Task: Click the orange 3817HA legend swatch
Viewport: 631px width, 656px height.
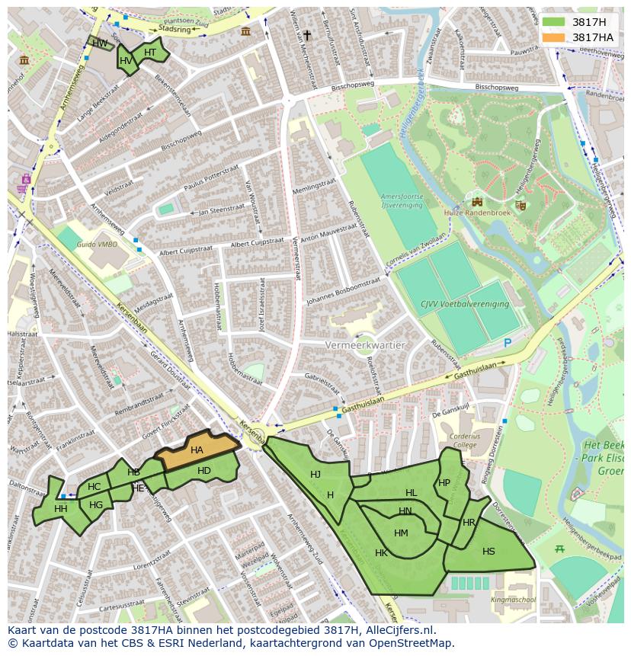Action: pos(554,37)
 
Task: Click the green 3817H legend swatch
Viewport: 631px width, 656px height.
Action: pos(554,21)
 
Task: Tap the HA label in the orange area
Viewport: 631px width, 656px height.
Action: pos(197,450)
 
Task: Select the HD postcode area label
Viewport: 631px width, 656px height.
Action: pos(203,471)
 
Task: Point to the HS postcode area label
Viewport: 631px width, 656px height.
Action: pos(488,552)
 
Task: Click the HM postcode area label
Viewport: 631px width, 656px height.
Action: pos(401,533)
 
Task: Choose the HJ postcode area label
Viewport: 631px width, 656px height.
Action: pos(315,474)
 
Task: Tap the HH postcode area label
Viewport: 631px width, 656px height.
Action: pos(61,508)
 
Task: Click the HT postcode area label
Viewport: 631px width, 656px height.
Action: pos(150,52)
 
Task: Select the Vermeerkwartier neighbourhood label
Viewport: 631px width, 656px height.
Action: pos(365,345)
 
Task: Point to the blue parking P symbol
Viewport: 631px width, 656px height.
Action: pos(508,343)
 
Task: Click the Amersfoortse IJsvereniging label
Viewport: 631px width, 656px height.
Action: pos(401,200)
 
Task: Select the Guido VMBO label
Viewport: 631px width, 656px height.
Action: pos(97,244)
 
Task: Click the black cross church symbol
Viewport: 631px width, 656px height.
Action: pos(307,35)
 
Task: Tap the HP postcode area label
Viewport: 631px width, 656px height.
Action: pos(444,482)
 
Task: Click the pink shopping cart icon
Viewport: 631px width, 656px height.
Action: pos(26,180)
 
